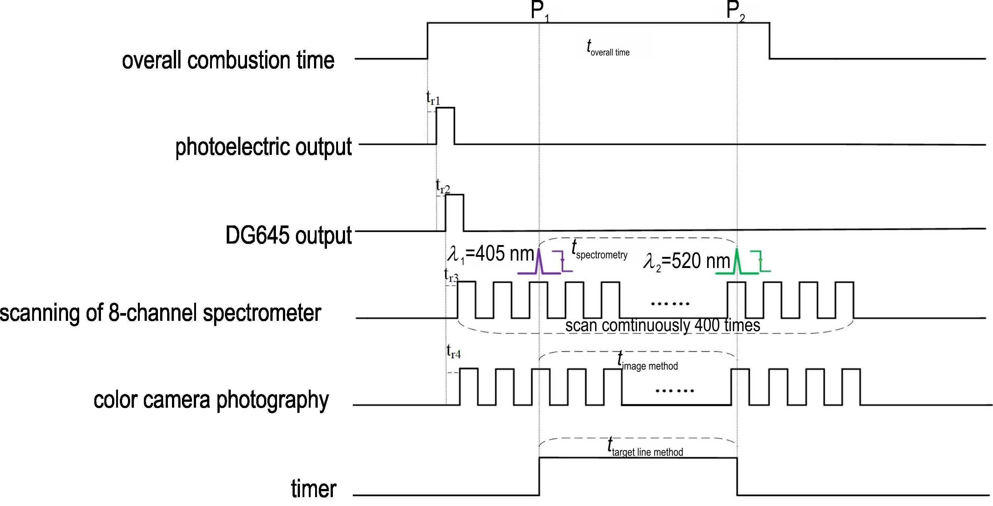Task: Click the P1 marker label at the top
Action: [539, 11]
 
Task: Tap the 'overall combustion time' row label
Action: [228, 61]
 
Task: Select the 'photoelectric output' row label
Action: [263, 147]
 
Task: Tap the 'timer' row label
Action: [314, 488]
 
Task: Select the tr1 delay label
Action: [433, 99]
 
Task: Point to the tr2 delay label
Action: [443, 186]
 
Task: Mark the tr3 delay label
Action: [452, 275]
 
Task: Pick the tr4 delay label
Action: [454, 352]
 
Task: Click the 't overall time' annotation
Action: [608, 49]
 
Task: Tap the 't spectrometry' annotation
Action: [599, 251]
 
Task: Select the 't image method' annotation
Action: [647, 362]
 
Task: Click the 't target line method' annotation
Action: [645, 448]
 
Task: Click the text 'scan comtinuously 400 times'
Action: [663, 326]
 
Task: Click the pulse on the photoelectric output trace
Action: [445, 125]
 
